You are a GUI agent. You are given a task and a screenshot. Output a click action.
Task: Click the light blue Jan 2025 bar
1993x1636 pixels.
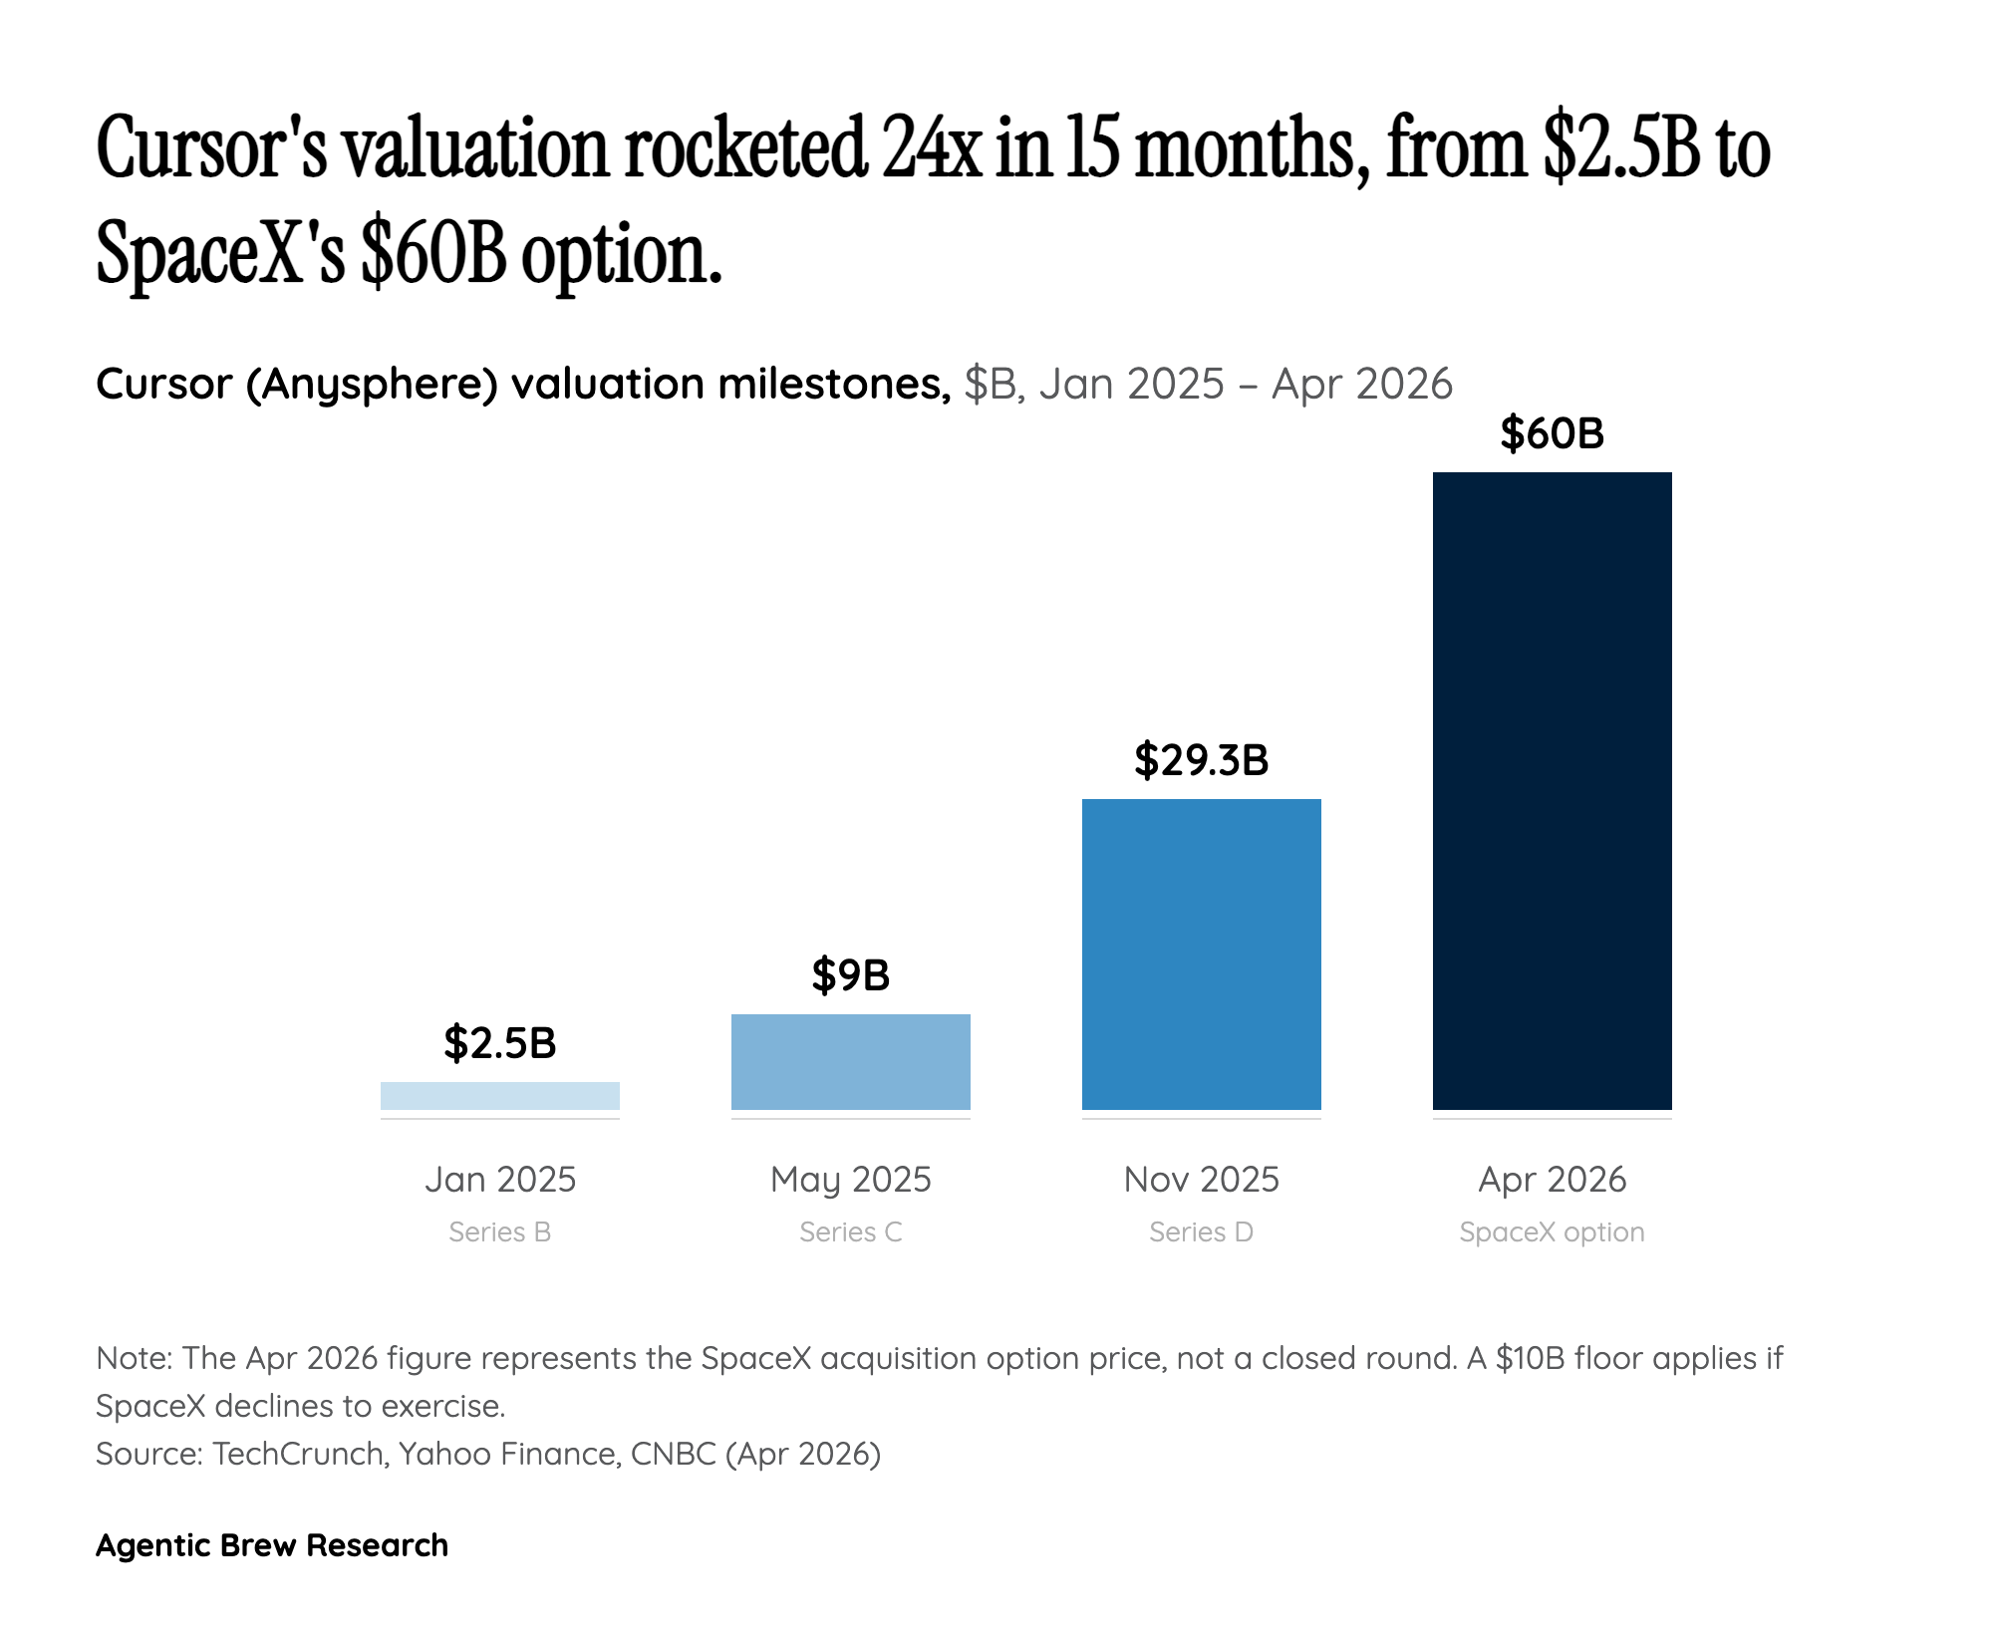point(499,1096)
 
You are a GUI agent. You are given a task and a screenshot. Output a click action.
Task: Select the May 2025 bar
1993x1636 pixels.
point(850,1062)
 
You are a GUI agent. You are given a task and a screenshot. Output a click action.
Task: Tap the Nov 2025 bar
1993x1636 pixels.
point(1201,954)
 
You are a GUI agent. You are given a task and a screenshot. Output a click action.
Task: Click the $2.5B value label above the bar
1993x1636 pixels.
point(499,1043)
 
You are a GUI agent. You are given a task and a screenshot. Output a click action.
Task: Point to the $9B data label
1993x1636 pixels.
point(850,974)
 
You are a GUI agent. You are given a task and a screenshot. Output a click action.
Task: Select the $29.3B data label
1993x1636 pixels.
point(1201,760)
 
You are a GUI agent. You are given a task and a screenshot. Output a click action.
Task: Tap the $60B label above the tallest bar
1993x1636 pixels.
point(1552,433)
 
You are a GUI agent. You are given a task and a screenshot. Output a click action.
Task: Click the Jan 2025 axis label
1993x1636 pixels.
point(499,1180)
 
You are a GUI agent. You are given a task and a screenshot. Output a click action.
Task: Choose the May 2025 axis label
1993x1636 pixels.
point(850,1180)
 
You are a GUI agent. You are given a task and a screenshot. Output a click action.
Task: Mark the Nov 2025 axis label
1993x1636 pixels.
point(1201,1180)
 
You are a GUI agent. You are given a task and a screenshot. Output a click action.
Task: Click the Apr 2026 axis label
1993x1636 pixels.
point(1552,1180)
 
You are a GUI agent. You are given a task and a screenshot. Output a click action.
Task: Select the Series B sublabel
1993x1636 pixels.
point(499,1232)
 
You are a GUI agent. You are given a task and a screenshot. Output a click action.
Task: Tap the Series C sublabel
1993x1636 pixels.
point(850,1232)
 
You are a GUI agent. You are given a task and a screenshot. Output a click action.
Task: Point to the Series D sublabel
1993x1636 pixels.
point(1201,1232)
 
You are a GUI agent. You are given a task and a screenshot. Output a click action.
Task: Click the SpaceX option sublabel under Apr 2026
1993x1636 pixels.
point(1552,1232)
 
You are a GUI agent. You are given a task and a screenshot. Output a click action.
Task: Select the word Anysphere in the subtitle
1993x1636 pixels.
point(372,385)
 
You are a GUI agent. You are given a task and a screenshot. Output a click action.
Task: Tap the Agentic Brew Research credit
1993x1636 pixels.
point(272,1545)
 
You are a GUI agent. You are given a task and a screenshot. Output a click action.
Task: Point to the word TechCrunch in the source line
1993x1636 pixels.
point(298,1454)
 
